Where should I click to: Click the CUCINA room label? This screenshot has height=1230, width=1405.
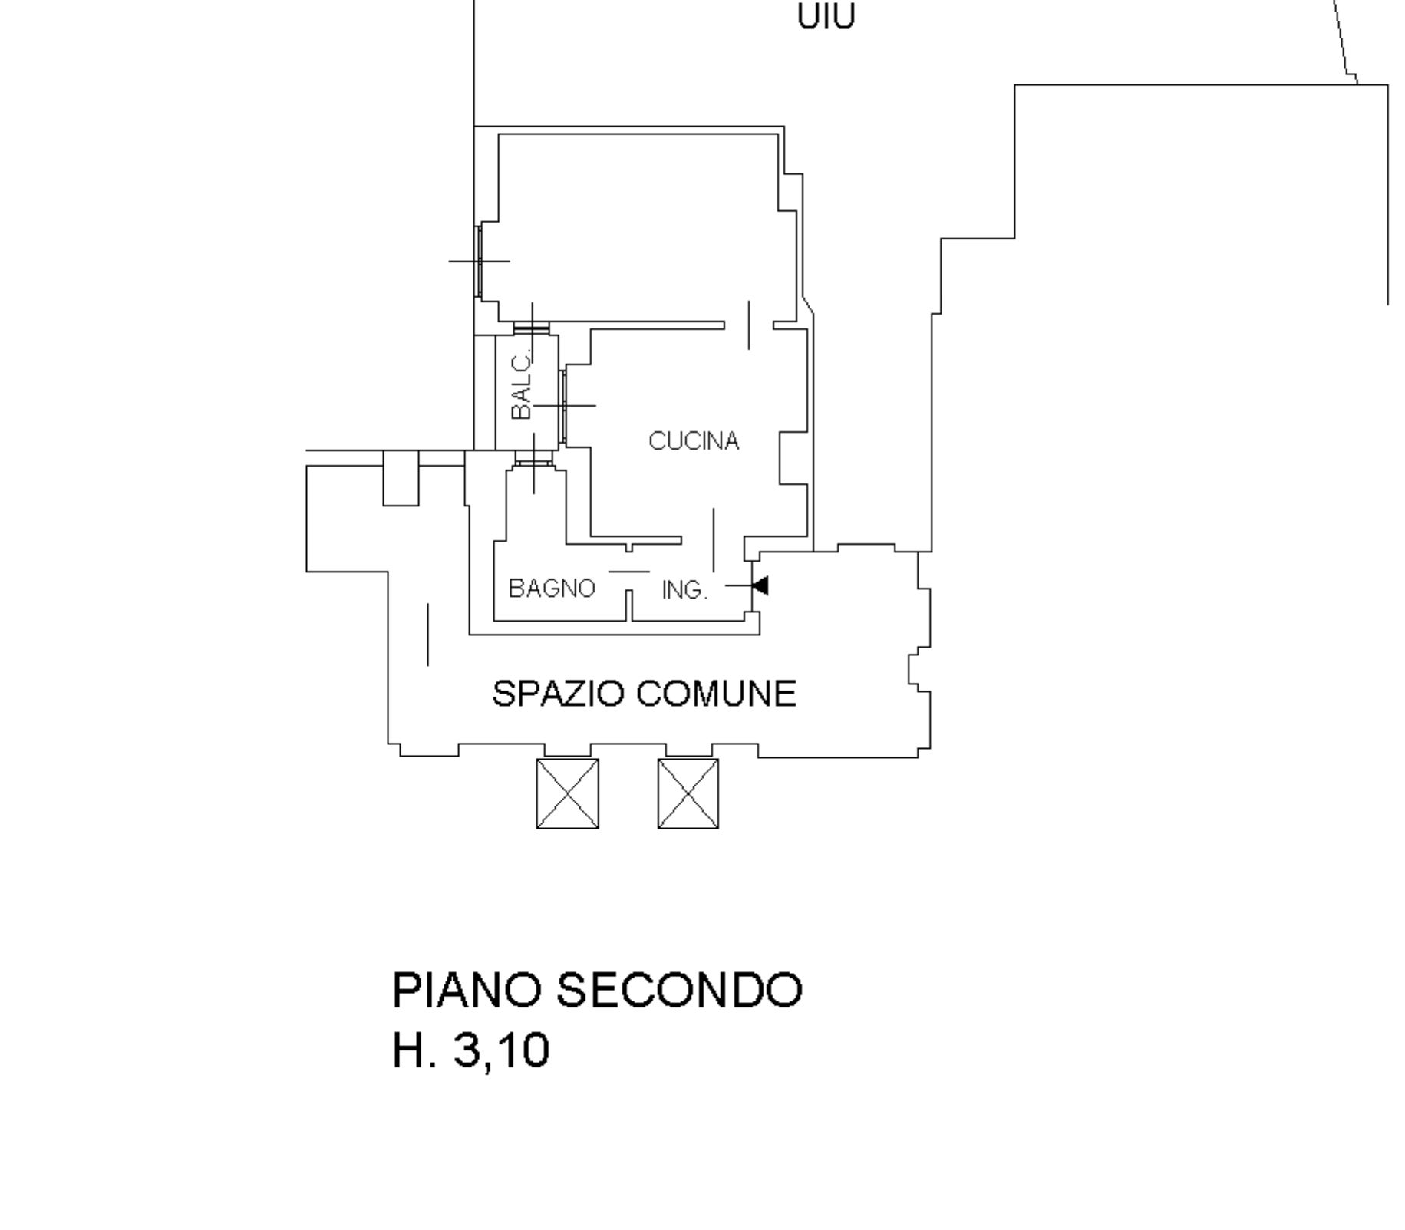(694, 441)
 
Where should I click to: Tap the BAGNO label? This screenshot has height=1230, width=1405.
(552, 589)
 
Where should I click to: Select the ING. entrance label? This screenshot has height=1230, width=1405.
(684, 590)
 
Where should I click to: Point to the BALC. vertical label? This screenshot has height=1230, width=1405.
(521, 385)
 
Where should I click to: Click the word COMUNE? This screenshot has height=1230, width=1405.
(716, 694)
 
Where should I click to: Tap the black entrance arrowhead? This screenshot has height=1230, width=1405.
(760, 586)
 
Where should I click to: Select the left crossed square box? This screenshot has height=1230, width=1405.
(567, 793)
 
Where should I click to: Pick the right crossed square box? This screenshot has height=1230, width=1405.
(688, 793)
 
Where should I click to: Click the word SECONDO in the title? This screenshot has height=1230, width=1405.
(679, 990)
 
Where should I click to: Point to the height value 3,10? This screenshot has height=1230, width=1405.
(502, 1050)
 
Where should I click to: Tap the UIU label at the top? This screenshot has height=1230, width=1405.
(826, 17)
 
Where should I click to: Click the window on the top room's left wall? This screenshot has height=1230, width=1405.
(479, 261)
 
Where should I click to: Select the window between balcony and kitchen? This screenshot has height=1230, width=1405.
(563, 406)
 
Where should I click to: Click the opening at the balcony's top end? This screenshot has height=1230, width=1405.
(532, 328)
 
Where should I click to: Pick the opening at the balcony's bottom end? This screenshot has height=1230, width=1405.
(533, 459)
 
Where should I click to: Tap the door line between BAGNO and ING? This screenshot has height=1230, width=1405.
(629, 572)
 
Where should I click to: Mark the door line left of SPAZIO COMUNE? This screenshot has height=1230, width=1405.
(427, 635)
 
